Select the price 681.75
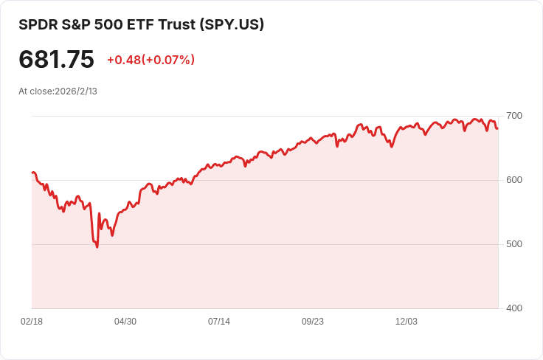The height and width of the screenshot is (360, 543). [56, 60]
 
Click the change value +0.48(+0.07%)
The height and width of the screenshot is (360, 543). [151, 60]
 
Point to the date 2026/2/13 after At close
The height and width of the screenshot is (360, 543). [76, 91]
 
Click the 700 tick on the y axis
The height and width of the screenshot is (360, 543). [513, 116]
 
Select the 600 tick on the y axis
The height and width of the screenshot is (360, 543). [513, 180]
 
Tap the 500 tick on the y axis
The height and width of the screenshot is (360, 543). [513, 244]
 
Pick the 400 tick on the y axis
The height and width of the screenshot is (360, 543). [513, 308]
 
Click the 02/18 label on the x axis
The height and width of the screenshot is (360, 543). [32, 322]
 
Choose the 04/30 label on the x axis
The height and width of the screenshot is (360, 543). [125, 322]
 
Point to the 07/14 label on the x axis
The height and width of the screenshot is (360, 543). [219, 322]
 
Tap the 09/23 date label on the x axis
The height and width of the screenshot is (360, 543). [313, 322]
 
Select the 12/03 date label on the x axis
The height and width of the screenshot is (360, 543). [407, 322]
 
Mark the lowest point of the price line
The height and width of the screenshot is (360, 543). [97, 247]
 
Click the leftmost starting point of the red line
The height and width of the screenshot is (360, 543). [32, 173]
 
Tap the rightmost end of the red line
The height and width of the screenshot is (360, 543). [497, 128]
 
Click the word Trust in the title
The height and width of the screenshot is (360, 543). [172, 24]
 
